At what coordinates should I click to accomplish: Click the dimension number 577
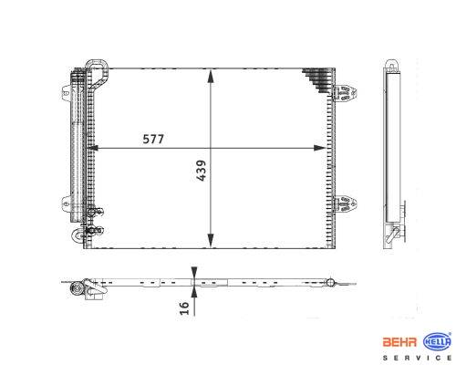click(153, 139)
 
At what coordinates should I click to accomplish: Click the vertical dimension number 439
click(201, 171)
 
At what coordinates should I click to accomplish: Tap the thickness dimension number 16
click(184, 308)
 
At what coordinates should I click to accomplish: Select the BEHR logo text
click(399, 342)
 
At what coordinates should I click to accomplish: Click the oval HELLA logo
click(437, 342)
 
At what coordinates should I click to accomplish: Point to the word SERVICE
click(417, 358)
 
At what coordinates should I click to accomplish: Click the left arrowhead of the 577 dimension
click(92, 148)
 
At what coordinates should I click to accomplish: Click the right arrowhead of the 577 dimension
click(320, 148)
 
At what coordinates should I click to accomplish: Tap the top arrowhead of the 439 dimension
click(211, 76)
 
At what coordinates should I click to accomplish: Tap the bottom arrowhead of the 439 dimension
click(211, 240)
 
